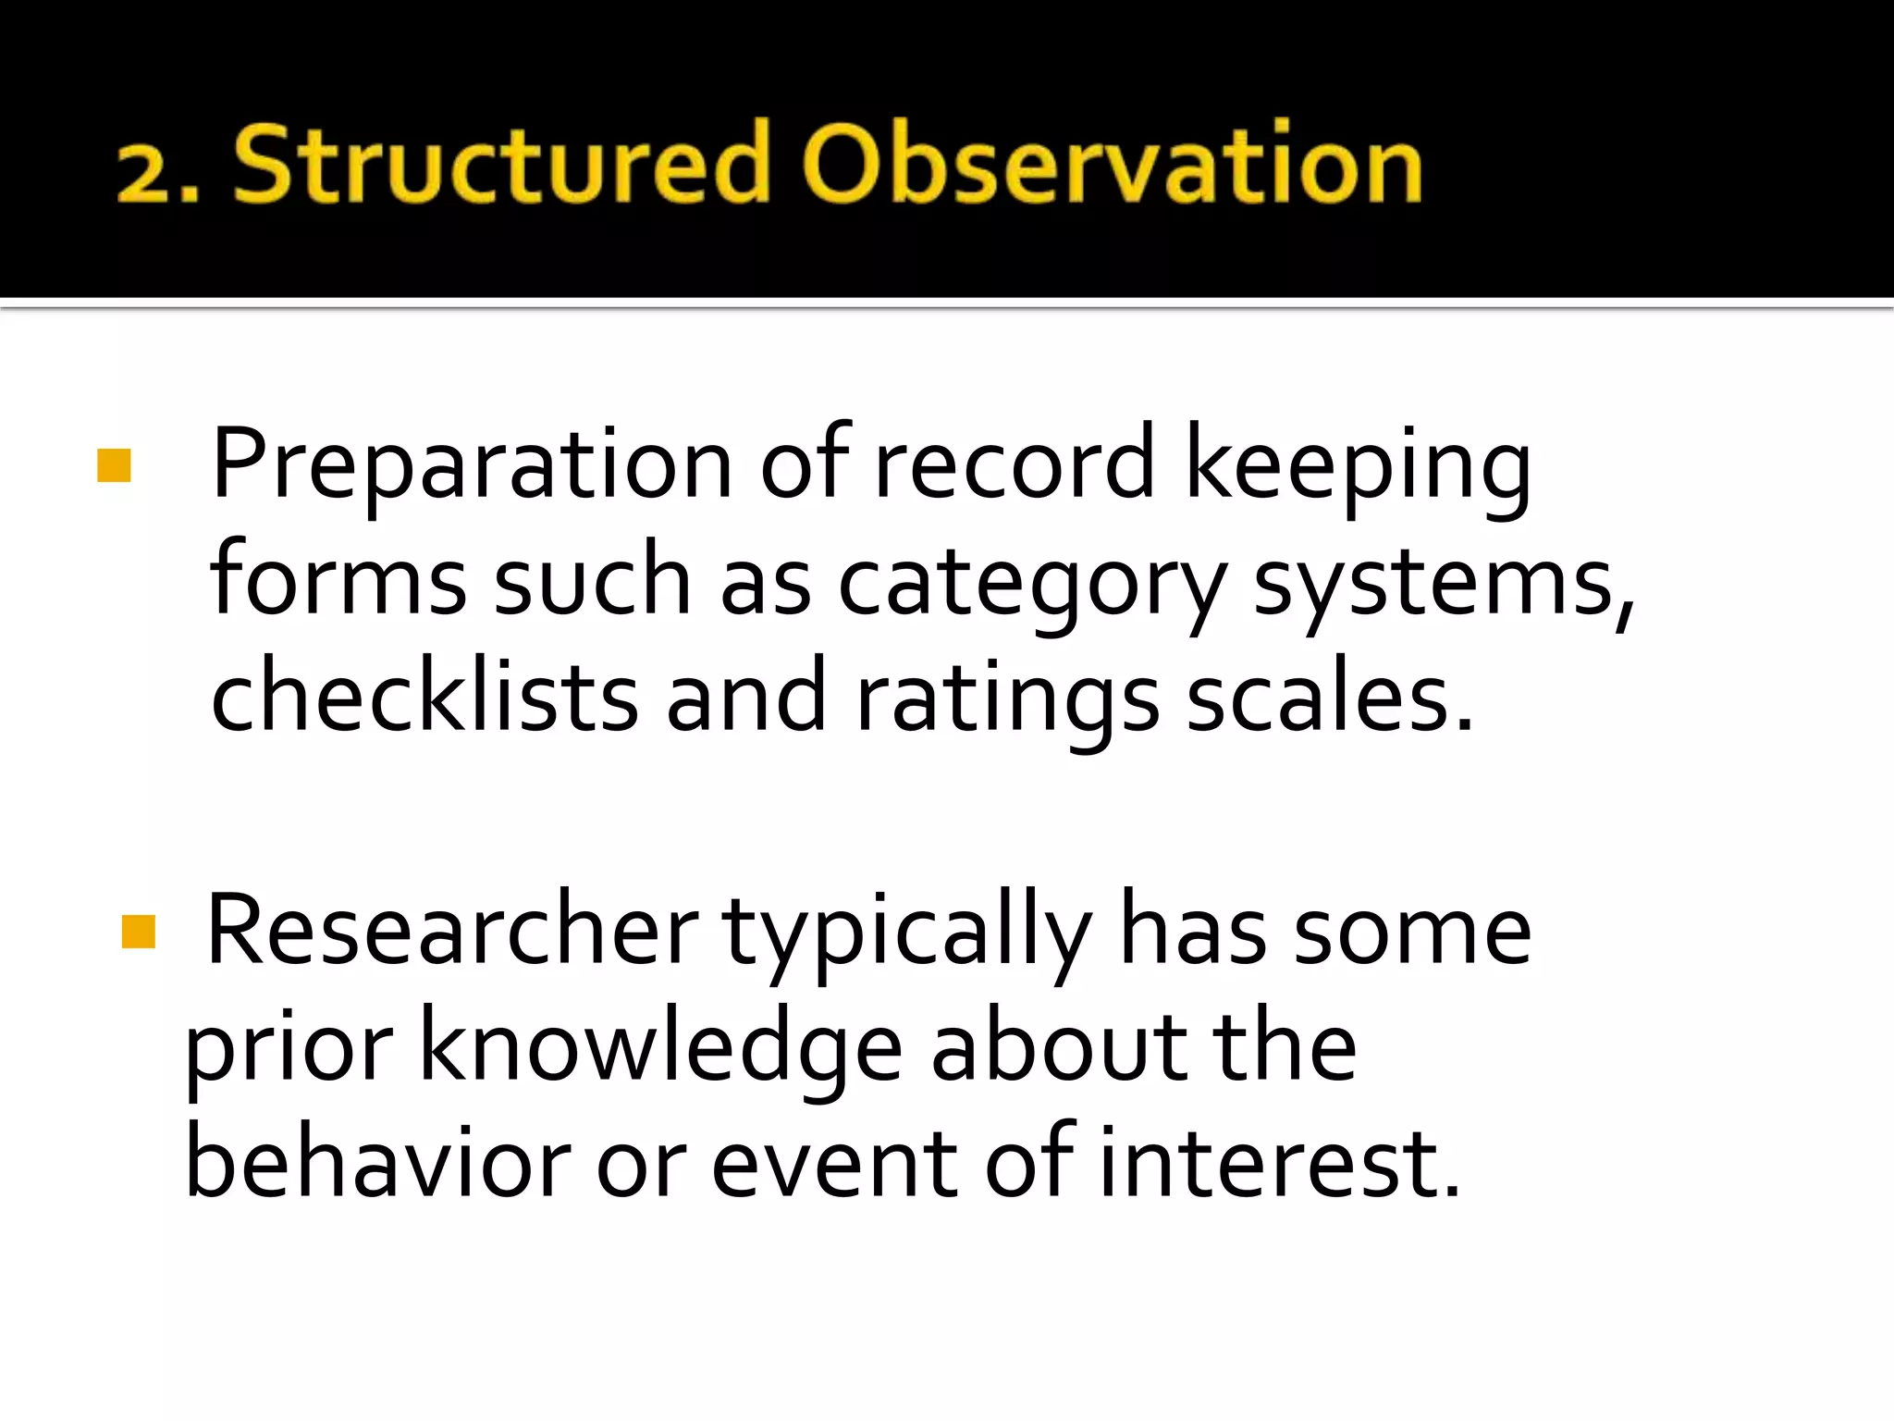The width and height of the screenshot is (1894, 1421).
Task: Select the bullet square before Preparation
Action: click(x=114, y=465)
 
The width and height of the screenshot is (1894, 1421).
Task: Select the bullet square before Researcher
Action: click(x=139, y=933)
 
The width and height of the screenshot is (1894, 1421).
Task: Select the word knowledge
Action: click(x=661, y=1048)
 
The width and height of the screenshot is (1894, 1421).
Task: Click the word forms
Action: click(x=338, y=581)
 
